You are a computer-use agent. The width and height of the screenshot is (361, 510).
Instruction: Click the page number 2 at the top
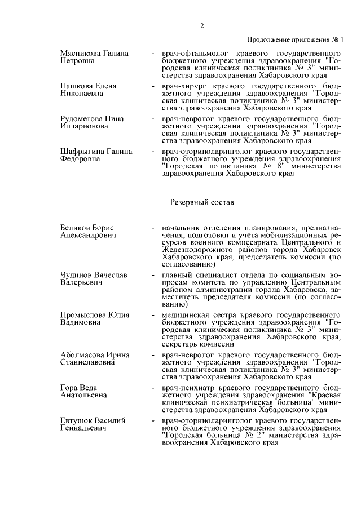[x=201, y=26]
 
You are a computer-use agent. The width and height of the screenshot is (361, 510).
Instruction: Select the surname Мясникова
[x=81, y=53]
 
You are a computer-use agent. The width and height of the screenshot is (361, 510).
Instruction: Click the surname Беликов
[x=77, y=227]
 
